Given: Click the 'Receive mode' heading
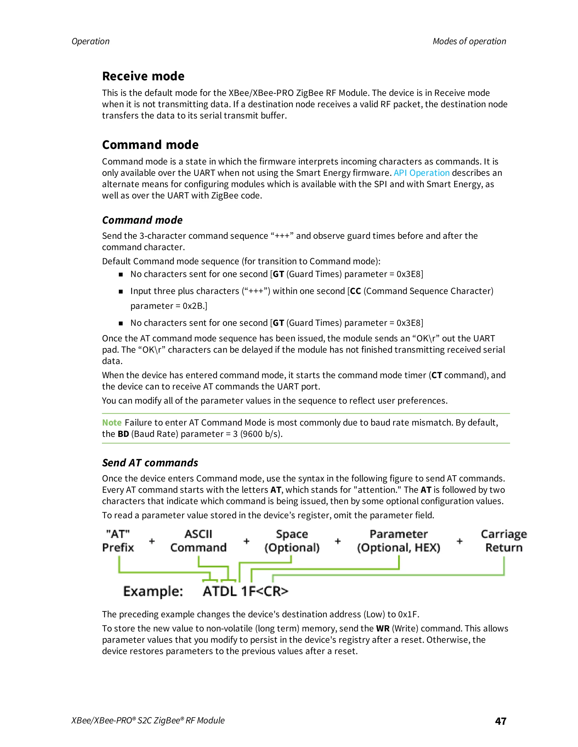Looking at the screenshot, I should point(143,76).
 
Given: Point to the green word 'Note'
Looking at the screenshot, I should point(112,423).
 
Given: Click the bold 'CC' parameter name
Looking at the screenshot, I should point(355,291).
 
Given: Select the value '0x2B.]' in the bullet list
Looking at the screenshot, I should point(195,306).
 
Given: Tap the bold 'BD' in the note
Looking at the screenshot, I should point(123,434).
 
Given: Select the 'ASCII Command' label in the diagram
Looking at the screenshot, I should point(198,541).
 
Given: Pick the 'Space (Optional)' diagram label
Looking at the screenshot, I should point(292,541).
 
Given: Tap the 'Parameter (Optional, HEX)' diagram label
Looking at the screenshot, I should point(399,541).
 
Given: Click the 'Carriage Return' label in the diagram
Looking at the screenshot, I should point(504,541).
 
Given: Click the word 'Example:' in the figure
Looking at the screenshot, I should point(153,591).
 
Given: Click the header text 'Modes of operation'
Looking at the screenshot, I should point(469,41).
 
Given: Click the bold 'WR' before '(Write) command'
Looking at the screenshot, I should point(382,628).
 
